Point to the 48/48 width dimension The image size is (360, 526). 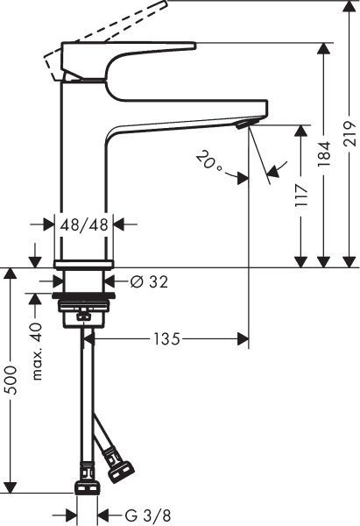point(84,224)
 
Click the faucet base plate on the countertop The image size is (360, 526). point(84,263)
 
